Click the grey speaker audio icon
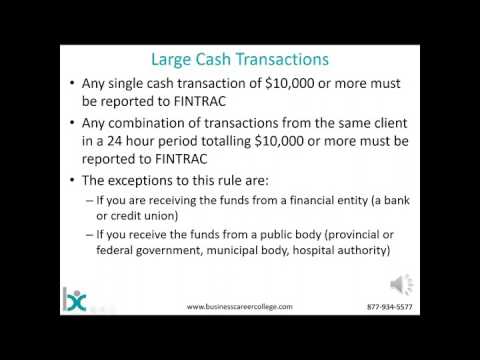click(x=404, y=284)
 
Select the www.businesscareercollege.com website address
click(x=240, y=307)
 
